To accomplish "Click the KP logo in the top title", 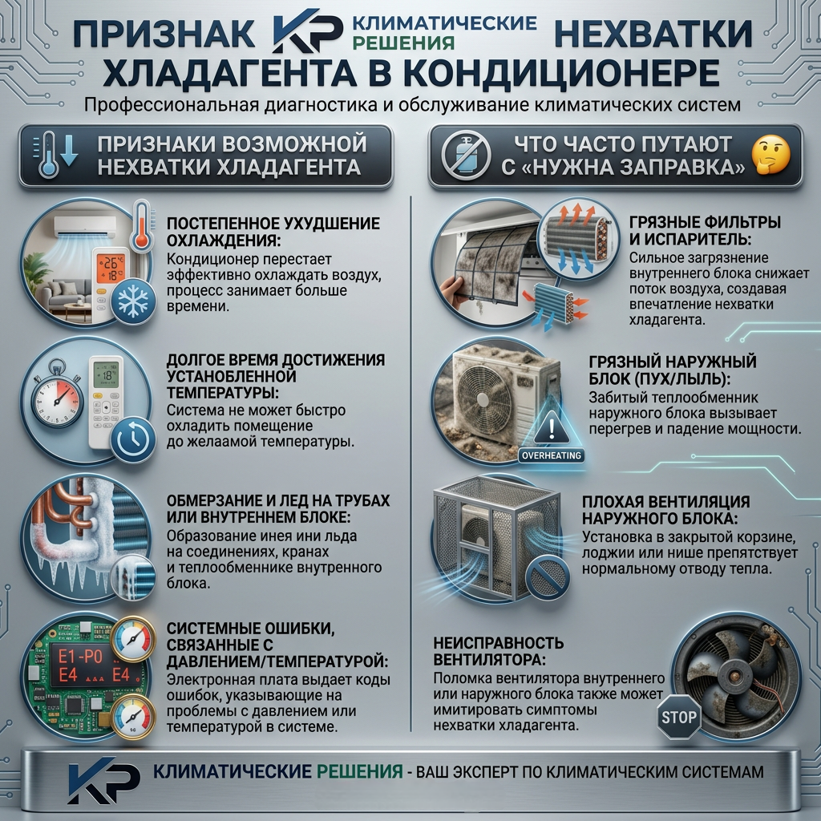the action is [x=307, y=31].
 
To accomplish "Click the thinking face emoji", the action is [x=770, y=155].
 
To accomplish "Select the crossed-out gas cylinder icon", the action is [x=466, y=156].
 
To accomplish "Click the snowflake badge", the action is [x=134, y=301].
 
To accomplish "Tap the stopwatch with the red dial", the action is [x=57, y=395].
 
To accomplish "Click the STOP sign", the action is [x=678, y=717].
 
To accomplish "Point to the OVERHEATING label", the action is [x=552, y=455].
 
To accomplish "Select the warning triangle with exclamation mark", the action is [x=552, y=427].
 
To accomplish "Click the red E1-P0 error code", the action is [x=80, y=657].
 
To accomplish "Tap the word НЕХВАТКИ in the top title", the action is [x=653, y=34].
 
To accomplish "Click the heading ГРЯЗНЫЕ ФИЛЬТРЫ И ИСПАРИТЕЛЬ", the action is [x=705, y=230].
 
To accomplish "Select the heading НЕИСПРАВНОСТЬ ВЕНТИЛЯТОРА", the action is [x=499, y=650].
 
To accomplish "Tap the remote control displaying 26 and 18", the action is [x=111, y=285].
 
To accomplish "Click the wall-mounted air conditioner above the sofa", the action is [x=84, y=227].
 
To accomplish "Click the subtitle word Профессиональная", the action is [x=172, y=104].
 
